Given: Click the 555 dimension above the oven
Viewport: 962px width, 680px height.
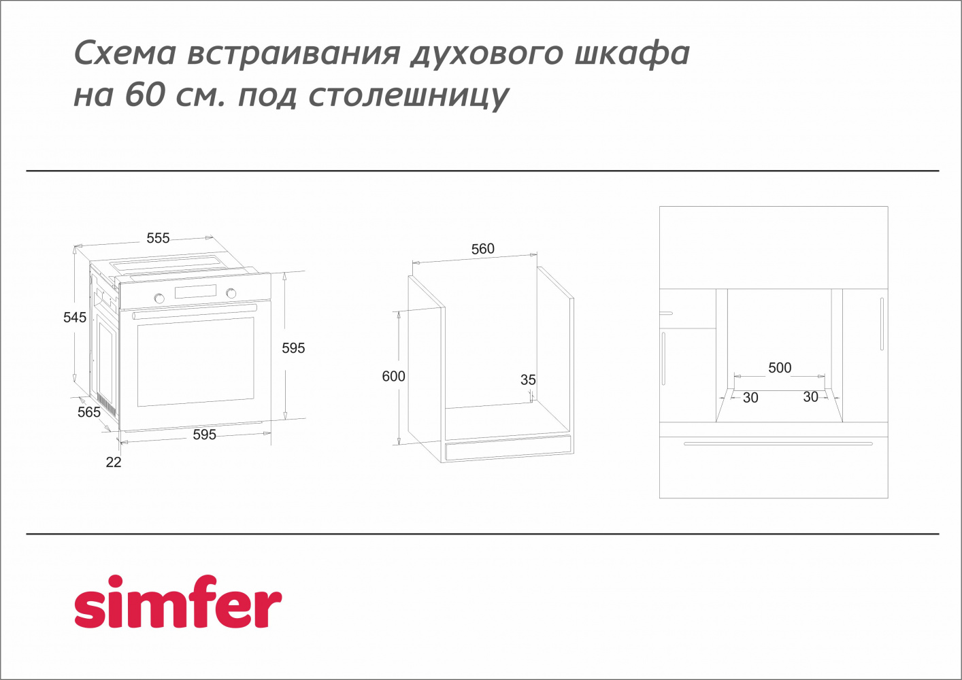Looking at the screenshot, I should click(158, 238).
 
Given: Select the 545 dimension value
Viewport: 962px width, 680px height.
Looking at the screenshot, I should click(75, 318).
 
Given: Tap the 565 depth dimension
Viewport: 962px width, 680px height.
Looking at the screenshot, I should click(89, 412).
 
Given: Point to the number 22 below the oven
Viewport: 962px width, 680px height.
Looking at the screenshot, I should click(114, 462).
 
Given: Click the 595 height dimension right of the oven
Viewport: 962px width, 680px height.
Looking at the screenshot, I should click(293, 348).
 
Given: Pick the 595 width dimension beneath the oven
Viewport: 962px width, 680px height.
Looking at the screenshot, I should click(204, 435).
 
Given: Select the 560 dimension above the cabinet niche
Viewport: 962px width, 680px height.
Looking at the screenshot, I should click(483, 249).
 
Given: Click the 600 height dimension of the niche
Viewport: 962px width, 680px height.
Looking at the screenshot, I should click(393, 376).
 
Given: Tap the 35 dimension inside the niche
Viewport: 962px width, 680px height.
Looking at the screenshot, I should click(528, 380).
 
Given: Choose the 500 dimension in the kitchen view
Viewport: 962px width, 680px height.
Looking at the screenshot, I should click(780, 368).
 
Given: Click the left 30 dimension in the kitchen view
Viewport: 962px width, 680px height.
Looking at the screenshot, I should click(750, 398).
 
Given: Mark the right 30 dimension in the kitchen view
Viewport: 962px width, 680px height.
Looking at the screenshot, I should click(810, 397).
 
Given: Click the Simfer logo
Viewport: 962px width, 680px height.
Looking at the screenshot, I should click(178, 602).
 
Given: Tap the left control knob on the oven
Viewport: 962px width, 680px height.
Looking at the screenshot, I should click(159, 298).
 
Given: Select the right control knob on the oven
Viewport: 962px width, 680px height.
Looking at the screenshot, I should click(231, 293).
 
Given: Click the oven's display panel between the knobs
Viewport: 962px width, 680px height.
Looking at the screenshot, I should click(195, 292).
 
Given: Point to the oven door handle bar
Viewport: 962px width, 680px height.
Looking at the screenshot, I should click(195, 311).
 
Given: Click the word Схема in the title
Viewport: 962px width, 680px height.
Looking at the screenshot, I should click(125, 53).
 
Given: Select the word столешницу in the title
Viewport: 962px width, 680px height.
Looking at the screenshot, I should click(408, 96).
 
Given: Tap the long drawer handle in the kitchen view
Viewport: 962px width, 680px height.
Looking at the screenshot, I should click(778, 444).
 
